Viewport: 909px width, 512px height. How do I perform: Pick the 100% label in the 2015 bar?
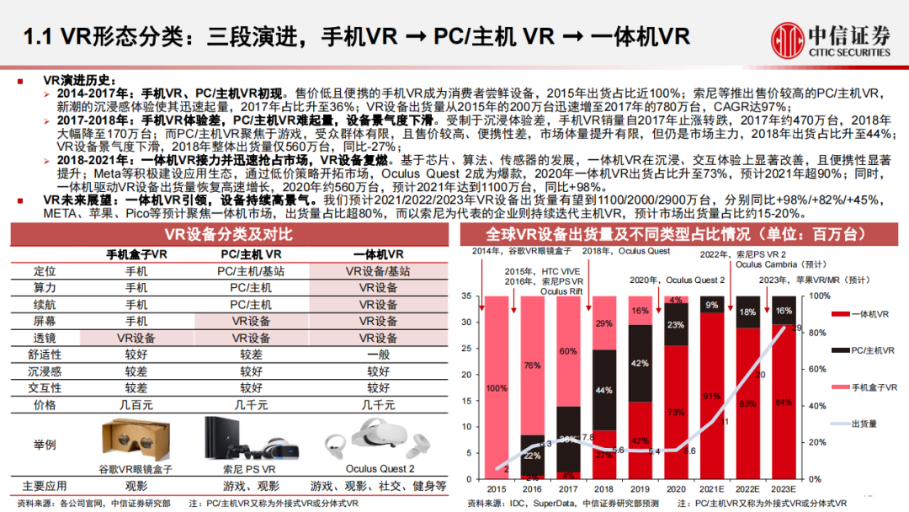[497, 388]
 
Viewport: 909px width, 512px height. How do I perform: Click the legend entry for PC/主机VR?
[870, 350]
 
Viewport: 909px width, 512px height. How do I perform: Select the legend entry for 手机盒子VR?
[870, 387]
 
